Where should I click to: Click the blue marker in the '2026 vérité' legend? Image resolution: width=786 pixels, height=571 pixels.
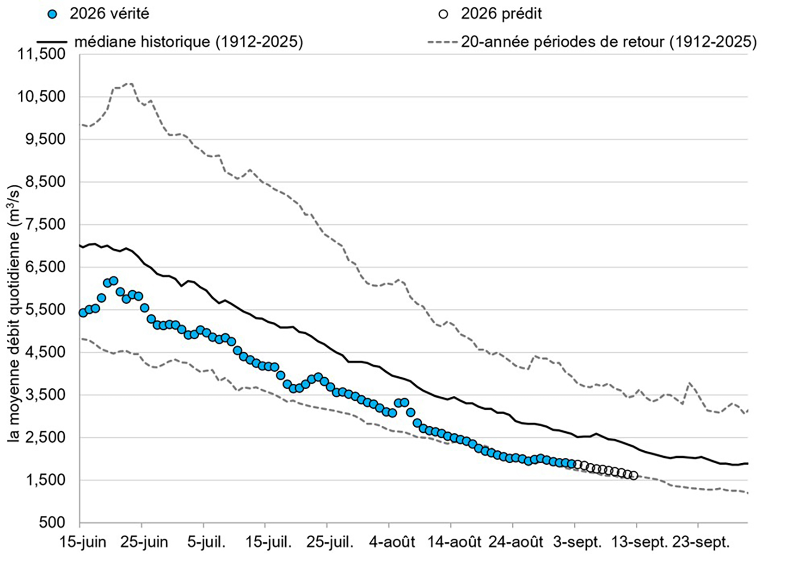click(53, 14)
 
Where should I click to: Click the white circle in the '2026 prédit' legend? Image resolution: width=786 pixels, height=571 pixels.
click(443, 14)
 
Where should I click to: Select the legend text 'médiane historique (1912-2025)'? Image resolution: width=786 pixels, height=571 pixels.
click(189, 42)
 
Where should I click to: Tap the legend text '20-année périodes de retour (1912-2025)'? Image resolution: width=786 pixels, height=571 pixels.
click(609, 42)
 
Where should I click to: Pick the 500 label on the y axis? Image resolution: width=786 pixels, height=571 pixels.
click(52, 522)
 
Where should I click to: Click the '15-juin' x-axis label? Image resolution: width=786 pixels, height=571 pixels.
click(83, 543)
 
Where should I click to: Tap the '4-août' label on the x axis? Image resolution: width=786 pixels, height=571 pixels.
click(392, 543)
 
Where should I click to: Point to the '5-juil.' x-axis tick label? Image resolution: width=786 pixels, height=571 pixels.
click(206, 543)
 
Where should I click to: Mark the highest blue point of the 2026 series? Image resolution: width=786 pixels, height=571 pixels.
click(114, 280)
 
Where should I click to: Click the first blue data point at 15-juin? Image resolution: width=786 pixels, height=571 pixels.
click(83, 313)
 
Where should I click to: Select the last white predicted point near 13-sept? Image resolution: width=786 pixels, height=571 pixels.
click(634, 476)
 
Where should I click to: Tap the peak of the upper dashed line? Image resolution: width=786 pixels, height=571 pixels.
click(130, 84)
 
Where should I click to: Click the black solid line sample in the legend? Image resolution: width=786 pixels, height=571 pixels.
click(52, 42)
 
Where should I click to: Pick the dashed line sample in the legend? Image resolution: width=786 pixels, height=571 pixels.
click(442, 42)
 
